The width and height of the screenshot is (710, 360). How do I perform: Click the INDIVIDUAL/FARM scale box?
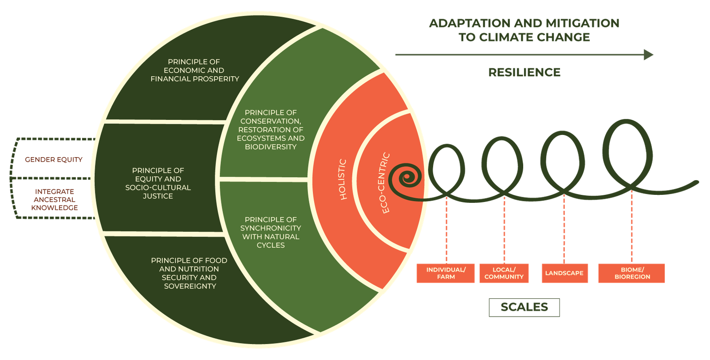pos(446,273)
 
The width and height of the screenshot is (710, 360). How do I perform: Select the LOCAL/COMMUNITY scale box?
pos(504,273)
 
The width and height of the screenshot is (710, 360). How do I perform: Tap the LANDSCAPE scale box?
pos(564,273)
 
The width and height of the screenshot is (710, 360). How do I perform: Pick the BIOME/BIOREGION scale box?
pos(631,273)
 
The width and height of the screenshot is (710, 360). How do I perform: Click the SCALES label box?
pos(524,307)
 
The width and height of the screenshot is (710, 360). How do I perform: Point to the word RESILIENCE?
pos(524,72)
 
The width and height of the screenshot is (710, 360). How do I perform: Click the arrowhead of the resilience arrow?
pos(649,55)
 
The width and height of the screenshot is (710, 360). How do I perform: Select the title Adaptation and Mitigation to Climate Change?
pos(524,30)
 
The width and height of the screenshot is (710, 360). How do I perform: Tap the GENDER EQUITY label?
pos(54,159)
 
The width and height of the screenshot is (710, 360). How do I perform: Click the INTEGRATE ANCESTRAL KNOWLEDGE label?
pos(55,199)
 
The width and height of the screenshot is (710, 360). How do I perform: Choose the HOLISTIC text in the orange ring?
pos(343,179)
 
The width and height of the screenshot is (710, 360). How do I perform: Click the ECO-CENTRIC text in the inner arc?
pos(385,183)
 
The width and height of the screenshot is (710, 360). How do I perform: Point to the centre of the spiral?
pos(405,179)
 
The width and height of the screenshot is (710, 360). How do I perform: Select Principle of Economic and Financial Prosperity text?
pos(195,70)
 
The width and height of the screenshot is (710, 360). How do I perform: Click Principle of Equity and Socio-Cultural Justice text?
pos(158,183)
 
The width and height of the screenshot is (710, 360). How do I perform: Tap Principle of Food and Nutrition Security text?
pos(189,273)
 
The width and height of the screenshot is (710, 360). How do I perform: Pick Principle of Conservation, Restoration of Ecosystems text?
pos(271,130)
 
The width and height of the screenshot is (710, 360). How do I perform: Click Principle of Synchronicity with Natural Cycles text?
pos(271,232)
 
